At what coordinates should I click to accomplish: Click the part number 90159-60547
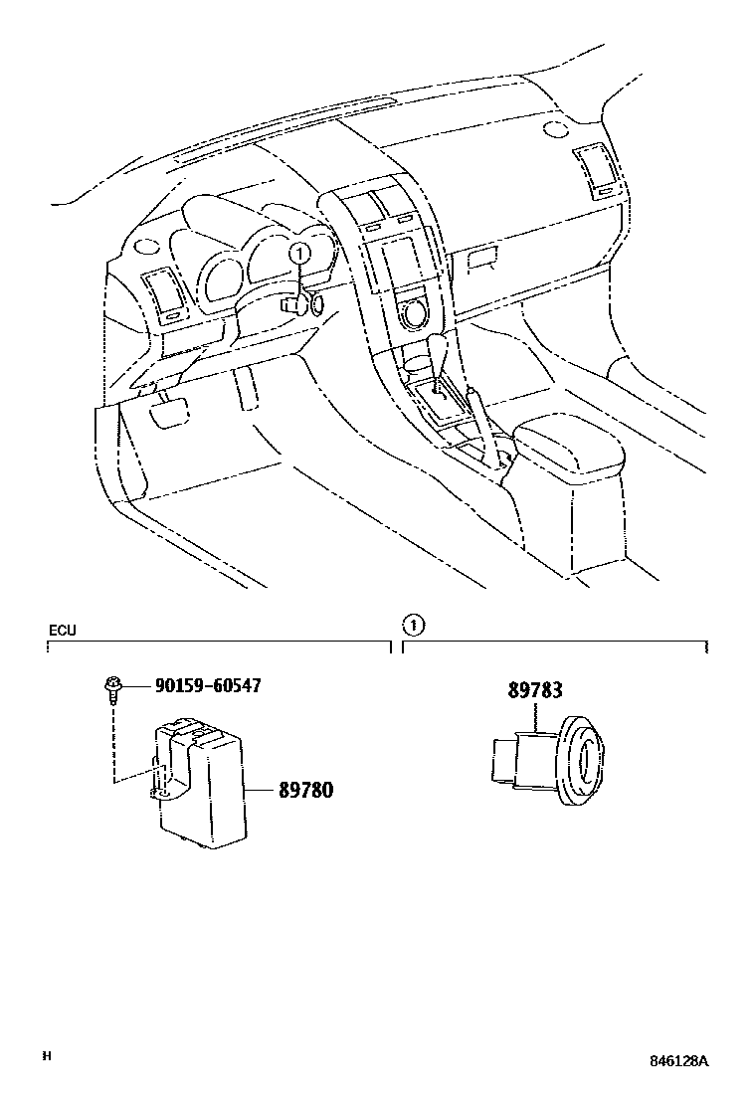pyautogui.click(x=208, y=685)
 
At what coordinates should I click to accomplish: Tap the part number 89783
pyautogui.click(x=534, y=690)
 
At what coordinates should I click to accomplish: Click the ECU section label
pyautogui.click(x=62, y=630)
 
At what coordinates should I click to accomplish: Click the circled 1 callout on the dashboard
pyautogui.click(x=297, y=254)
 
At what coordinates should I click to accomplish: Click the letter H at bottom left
pyautogui.click(x=46, y=1055)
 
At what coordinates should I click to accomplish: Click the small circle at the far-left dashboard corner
pyautogui.click(x=144, y=245)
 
